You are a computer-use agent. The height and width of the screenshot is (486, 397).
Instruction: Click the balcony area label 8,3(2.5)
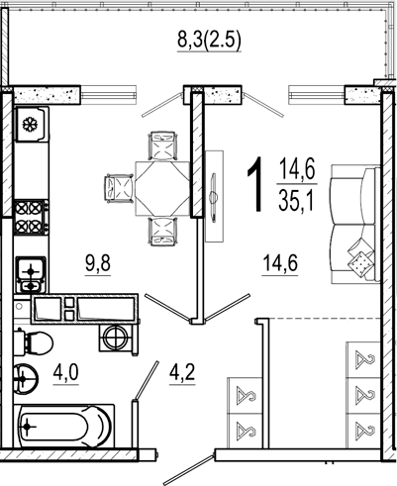click(x=209, y=41)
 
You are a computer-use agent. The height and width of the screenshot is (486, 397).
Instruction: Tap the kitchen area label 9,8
click(x=98, y=264)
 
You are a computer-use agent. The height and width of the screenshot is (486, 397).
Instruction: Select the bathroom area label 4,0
click(x=66, y=373)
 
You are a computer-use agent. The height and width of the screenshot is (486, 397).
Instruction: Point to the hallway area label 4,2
click(x=182, y=373)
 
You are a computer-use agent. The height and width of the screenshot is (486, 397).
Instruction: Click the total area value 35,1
click(x=296, y=201)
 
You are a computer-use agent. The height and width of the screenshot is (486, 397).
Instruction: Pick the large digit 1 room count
click(x=256, y=184)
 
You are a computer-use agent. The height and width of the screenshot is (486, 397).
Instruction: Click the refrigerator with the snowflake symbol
click(x=32, y=125)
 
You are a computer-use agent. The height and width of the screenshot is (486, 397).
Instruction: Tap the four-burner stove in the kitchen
click(x=31, y=217)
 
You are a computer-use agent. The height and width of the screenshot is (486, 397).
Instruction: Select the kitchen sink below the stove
click(x=31, y=274)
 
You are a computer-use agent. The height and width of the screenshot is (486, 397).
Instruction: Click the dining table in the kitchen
click(x=162, y=188)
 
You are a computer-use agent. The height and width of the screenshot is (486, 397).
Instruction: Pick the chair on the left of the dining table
click(x=119, y=187)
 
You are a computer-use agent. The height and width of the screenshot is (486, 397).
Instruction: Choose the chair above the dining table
click(x=163, y=146)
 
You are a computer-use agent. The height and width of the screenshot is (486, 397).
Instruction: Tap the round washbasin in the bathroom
click(x=26, y=378)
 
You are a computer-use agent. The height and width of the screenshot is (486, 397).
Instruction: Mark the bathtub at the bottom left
click(x=64, y=426)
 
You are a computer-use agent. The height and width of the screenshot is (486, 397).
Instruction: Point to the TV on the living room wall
click(x=214, y=197)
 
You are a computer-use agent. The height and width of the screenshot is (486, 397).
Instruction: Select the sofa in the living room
click(x=355, y=225)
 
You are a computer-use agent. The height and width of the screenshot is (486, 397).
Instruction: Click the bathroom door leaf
click(x=147, y=380)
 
